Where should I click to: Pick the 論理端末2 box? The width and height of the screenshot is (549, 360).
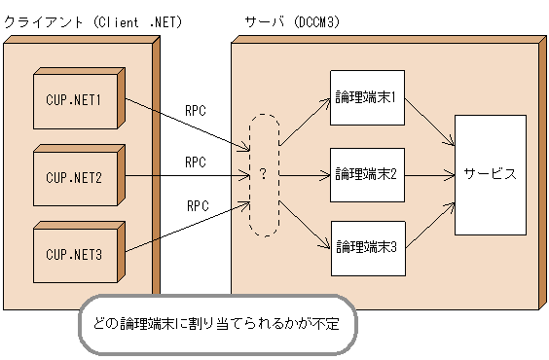click(x=365, y=173)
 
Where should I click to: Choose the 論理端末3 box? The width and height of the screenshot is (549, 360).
click(x=365, y=247)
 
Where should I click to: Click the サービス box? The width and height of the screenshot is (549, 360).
click(x=490, y=175)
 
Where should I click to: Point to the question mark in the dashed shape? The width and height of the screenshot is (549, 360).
click(x=263, y=175)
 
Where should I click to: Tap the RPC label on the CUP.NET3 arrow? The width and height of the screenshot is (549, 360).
click(x=198, y=205)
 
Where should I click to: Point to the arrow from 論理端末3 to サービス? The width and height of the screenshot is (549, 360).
click(x=428, y=226)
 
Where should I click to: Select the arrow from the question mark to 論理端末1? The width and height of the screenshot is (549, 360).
click(x=304, y=121)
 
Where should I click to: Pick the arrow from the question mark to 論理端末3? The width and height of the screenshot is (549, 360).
click(x=304, y=226)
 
